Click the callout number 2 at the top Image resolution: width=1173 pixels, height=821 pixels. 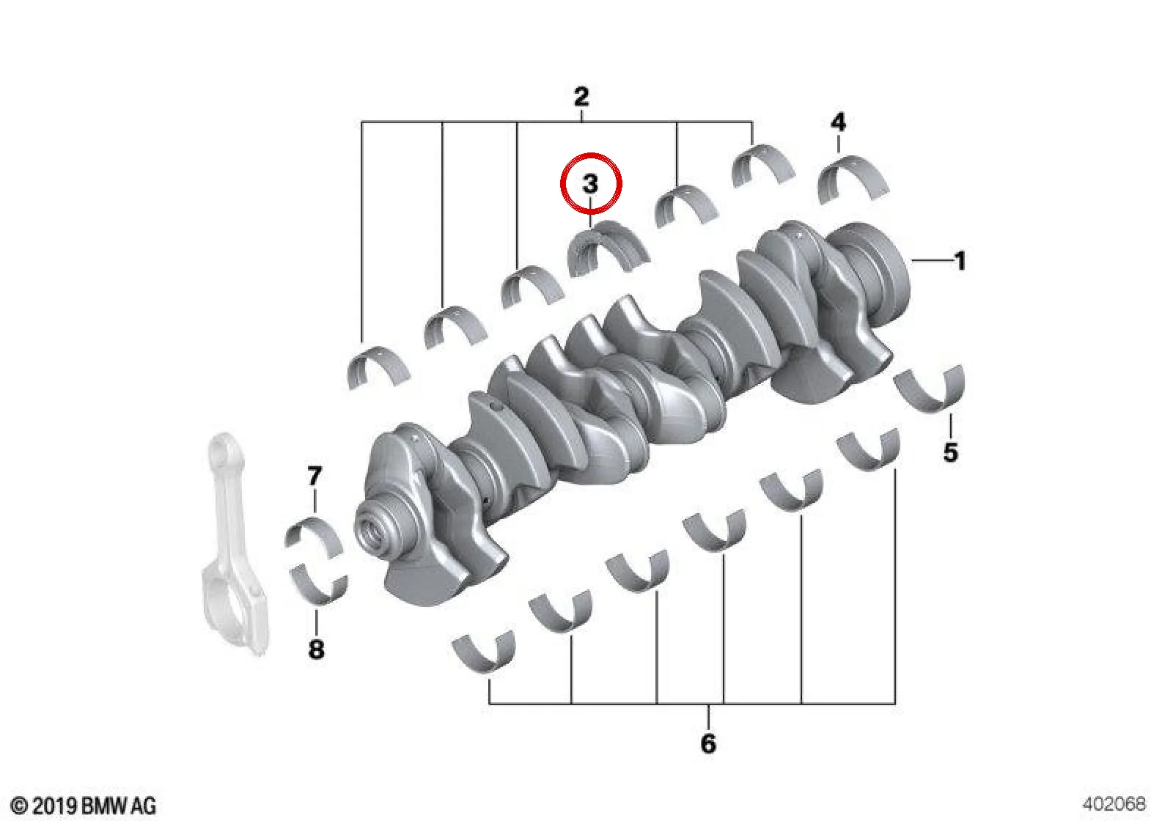tap(581, 97)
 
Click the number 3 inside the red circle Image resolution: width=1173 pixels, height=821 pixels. tap(590, 184)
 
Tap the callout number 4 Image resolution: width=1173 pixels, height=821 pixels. tap(839, 122)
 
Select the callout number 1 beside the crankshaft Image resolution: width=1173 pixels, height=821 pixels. tap(960, 261)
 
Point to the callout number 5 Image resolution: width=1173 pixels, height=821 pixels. tap(951, 452)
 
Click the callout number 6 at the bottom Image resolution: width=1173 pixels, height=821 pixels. tap(708, 743)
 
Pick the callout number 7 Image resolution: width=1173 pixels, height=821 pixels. tap(315, 476)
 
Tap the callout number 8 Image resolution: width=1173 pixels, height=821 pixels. tap(316, 649)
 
